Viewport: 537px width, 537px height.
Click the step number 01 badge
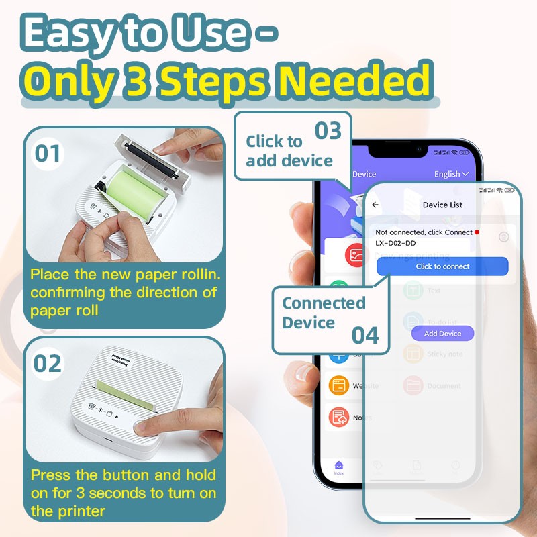tap(47, 154)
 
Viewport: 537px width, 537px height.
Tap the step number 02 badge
tap(47, 363)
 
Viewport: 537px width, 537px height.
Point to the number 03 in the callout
tap(328, 130)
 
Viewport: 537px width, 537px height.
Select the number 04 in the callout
tap(365, 334)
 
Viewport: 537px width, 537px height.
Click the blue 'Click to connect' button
tap(442, 266)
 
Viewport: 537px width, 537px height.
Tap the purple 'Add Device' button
tap(442, 334)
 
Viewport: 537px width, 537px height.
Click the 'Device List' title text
tap(442, 205)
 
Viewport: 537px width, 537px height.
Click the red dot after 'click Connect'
tap(477, 232)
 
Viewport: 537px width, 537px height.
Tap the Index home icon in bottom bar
tap(339, 465)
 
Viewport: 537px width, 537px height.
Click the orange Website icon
tap(339, 385)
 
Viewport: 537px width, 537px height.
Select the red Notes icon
tap(339, 418)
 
